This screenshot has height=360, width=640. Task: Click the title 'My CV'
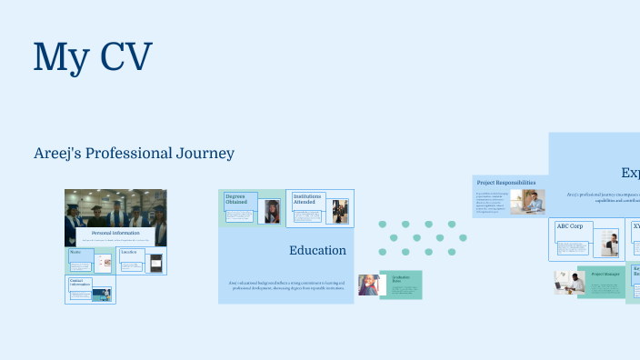[92, 56]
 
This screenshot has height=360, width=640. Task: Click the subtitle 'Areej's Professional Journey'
[134, 154]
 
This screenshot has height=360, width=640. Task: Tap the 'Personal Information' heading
[115, 234]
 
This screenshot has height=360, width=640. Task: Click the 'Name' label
[75, 252]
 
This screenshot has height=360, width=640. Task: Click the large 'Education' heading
[317, 250]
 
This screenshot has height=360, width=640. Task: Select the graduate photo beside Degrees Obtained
[272, 212]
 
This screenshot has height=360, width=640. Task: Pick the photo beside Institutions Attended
[339, 212]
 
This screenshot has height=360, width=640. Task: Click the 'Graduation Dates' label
[402, 278]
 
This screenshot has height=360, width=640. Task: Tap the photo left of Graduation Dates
[368, 285]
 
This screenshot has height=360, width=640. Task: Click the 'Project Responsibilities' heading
[506, 183]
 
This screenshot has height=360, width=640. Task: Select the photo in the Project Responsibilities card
[527, 202]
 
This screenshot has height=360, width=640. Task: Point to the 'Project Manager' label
[605, 274]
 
